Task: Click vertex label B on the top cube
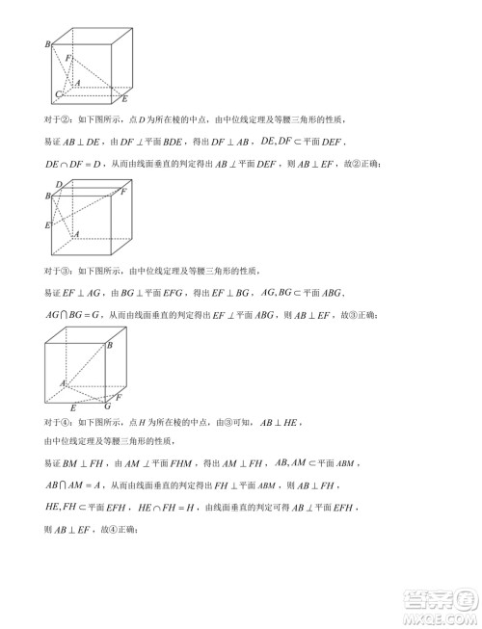(47, 44)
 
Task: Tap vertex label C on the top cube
(58, 94)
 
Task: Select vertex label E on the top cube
(123, 99)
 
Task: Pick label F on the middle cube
(123, 191)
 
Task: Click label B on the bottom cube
(109, 344)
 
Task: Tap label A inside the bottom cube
(63, 384)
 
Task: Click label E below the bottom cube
(73, 408)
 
